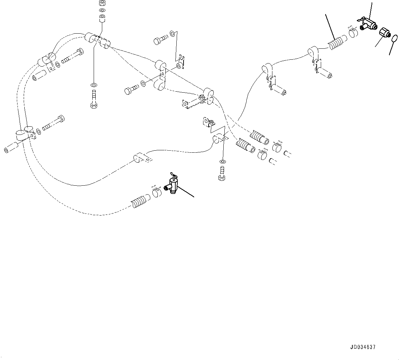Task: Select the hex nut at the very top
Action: point(102,3)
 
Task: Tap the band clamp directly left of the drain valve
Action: point(157,192)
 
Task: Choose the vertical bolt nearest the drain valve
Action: point(221,173)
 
